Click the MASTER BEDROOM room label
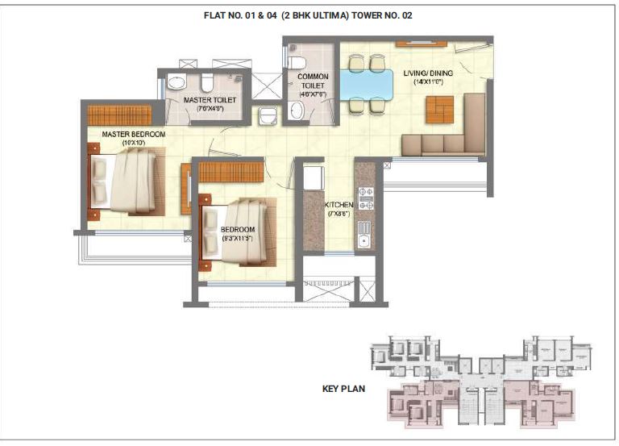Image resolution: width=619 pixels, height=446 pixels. coord(134,133)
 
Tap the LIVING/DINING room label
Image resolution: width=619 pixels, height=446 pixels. coord(428,73)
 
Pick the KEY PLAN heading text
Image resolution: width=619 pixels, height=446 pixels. coord(344,389)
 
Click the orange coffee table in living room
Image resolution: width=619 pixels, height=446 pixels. coord(440,109)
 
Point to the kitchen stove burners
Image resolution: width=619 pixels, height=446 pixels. coord(365,198)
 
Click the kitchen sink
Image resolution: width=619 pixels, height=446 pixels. coord(364,236)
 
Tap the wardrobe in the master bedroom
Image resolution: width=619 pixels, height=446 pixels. coord(119,115)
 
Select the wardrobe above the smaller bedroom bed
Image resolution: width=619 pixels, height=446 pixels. coord(231,171)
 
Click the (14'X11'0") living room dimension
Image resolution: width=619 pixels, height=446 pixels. coord(428,82)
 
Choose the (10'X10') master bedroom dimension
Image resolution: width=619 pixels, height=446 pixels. coord(133,143)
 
